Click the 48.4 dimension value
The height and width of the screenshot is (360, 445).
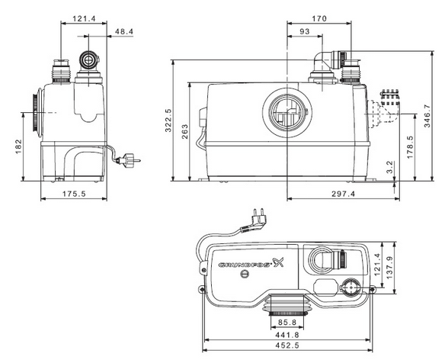coord(124,31)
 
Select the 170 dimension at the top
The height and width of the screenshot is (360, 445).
coord(319,18)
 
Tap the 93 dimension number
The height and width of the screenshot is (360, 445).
coord(305,31)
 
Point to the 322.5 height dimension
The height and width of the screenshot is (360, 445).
coord(168,121)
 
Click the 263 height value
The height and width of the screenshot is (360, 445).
coord(184,131)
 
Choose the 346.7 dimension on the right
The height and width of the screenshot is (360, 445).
coord(427,116)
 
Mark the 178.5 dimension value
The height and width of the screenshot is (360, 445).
coord(410,147)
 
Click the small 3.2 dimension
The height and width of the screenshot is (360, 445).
coord(390,167)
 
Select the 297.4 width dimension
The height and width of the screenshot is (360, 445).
coord(344,194)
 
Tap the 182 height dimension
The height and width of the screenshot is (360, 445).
coord(18,146)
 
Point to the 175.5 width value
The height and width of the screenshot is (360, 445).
coord(74,194)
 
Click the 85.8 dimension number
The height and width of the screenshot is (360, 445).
coord(287,322)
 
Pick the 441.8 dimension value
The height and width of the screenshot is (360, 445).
coord(287,335)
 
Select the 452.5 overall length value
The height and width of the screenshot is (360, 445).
coord(287,346)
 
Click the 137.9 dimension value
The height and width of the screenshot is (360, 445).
coord(390,268)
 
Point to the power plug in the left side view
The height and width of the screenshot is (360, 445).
coord(129,159)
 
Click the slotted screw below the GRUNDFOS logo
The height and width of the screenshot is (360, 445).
coord(245,274)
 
